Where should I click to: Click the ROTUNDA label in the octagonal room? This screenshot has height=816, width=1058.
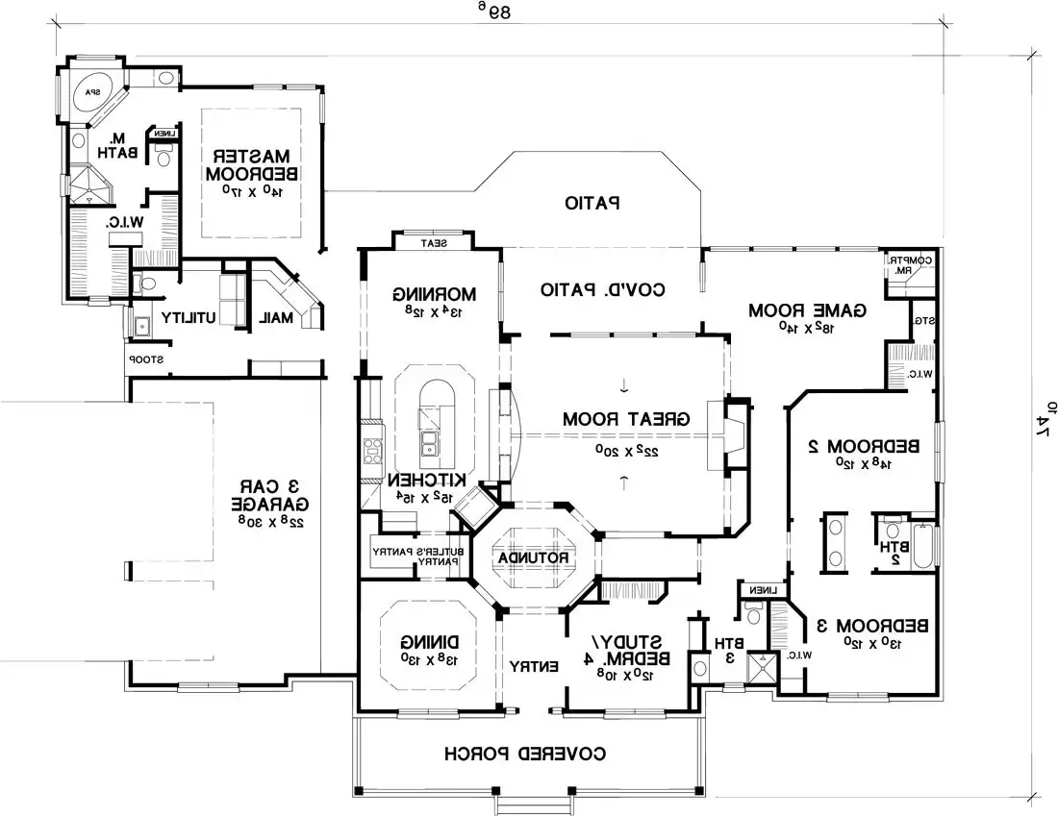pyautogui.click(x=533, y=557)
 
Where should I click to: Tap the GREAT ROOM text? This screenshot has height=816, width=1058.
pyautogui.click(x=626, y=419)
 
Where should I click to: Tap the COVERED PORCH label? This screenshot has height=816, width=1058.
pyautogui.click(x=525, y=754)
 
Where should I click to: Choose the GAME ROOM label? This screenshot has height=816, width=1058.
pyautogui.click(x=808, y=309)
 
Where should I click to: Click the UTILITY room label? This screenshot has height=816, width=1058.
pyautogui.click(x=187, y=316)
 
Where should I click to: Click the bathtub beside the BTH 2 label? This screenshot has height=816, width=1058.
pyautogui.click(x=924, y=546)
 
